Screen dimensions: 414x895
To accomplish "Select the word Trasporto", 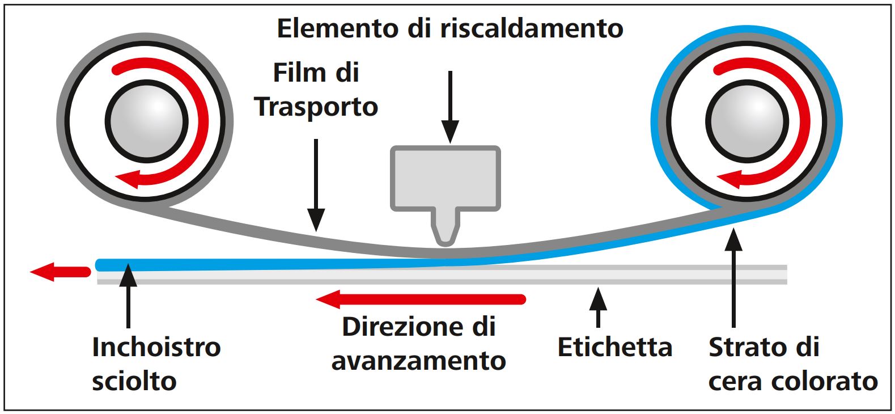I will [x=316, y=107].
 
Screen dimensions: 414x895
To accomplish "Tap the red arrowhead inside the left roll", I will [x=132, y=179].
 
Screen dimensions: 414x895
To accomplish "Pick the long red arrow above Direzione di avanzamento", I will [x=420, y=298].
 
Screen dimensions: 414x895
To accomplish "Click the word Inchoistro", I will [x=156, y=347].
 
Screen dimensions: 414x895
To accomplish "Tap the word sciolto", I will [x=134, y=381].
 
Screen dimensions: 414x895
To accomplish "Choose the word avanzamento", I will [x=419, y=361].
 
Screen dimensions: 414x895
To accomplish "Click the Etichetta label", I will [x=615, y=347].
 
